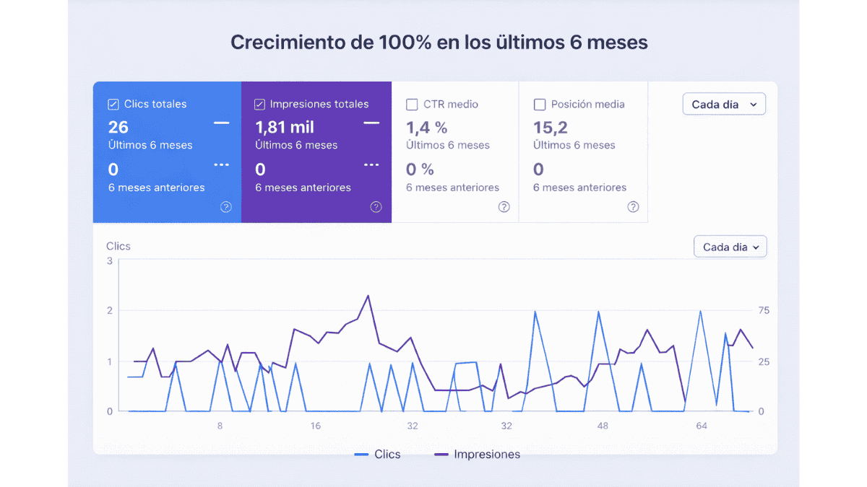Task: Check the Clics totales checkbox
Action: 113,105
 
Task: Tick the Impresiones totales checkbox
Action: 260,105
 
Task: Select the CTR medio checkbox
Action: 412,105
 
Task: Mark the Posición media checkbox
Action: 539,105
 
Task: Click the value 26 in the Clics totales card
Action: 118,128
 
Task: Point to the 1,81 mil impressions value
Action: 285,128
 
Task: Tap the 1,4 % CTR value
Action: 426,128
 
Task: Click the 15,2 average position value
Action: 551,128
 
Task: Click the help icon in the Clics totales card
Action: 226,207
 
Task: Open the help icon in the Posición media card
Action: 633,207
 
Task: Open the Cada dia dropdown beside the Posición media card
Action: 724,105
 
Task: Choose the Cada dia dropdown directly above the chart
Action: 730,247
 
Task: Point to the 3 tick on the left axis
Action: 110,260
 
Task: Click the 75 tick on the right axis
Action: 764,311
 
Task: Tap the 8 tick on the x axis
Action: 220,426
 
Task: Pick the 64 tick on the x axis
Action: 701,426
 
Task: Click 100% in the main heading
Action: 405,43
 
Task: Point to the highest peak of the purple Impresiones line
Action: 368,295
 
